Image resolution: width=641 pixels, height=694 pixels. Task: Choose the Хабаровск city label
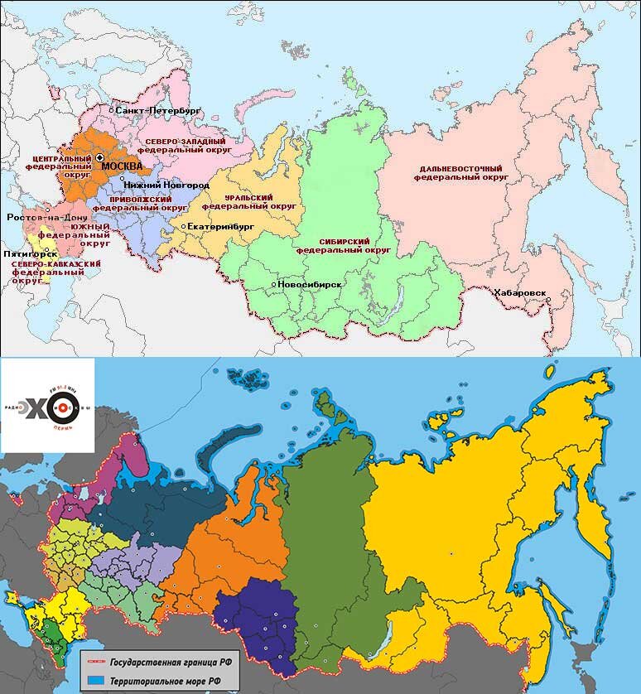pos(519,292)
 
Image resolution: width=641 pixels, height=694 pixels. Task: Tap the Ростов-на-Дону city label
pos(41,217)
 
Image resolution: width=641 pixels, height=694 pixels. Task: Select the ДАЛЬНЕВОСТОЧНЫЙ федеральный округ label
pos(460,172)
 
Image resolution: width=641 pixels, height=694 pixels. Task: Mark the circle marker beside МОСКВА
pos(99,157)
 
